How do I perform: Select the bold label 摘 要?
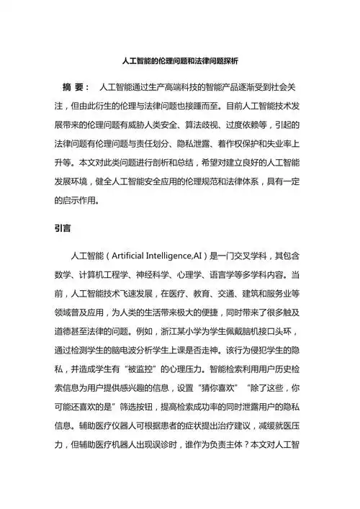76,86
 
